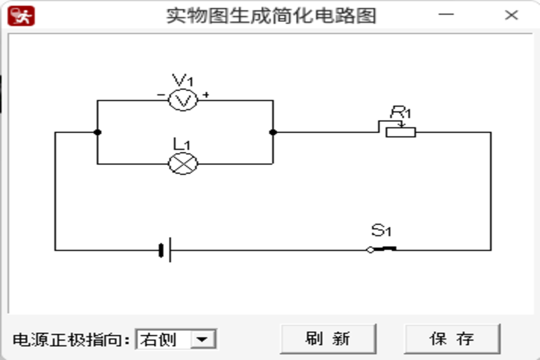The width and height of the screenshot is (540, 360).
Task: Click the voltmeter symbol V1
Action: coord(183,100)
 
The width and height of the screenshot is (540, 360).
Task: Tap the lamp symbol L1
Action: coord(183,164)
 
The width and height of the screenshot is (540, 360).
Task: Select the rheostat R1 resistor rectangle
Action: coord(401,132)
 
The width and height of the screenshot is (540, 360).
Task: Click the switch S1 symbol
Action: coord(382,249)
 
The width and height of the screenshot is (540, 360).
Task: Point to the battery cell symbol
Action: coord(165,250)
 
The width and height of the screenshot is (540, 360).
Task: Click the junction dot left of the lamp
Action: coord(98,132)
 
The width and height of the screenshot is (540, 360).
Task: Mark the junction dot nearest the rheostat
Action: coord(273,132)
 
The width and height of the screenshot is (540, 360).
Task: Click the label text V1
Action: coord(183,80)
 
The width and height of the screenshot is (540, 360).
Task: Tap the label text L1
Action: coord(181,145)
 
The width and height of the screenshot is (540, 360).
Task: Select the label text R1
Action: coord(401,112)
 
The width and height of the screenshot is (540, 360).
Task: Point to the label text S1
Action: coord(381,230)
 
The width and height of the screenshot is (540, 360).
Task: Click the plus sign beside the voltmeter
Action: coord(206,95)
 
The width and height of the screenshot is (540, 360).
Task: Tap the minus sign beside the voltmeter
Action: coord(161,95)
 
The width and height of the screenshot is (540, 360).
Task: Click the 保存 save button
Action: coord(452,338)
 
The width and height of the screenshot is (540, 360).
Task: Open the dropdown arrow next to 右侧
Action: coord(203,339)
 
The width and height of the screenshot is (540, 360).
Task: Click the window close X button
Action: coord(511,15)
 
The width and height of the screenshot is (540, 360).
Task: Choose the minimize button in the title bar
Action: coord(446,14)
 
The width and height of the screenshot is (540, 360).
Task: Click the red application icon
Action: coord(22,16)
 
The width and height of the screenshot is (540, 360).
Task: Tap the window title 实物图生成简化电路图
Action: coord(271,16)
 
